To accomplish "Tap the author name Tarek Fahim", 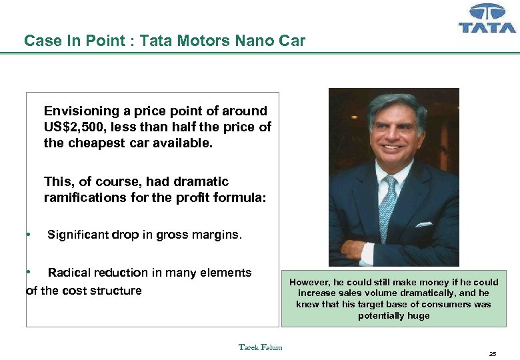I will (260, 347).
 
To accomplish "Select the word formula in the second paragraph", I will (243, 197).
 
